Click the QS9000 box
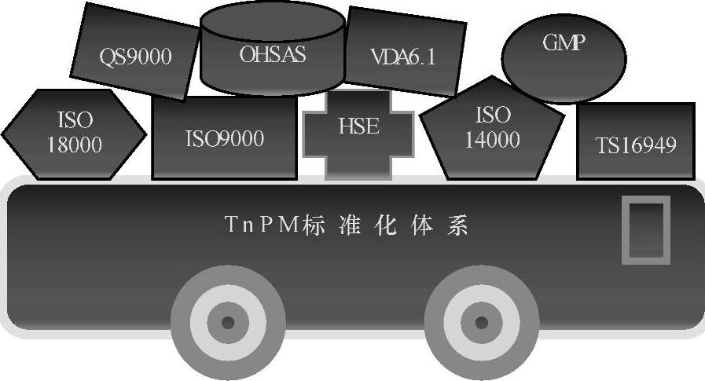point(135,55)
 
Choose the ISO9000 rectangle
point(224,138)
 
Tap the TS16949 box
point(636,142)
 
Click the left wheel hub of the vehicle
point(228,322)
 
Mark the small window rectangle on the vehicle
point(645,230)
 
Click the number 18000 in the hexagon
point(75,145)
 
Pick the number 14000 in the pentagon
point(493,141)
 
